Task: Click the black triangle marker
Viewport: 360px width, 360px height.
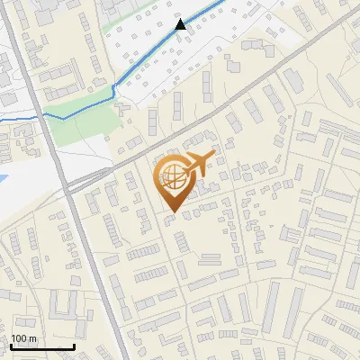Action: point(181,23)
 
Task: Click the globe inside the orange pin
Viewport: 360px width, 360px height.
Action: point(171,175)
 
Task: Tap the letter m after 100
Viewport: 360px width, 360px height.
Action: point(33,338)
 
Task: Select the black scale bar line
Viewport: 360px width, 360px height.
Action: point(42,346)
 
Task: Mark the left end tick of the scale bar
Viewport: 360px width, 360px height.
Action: point(11,345)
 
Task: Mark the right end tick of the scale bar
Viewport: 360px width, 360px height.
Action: point(74,345)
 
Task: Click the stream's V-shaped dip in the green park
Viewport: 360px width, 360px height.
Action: point(115,90)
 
